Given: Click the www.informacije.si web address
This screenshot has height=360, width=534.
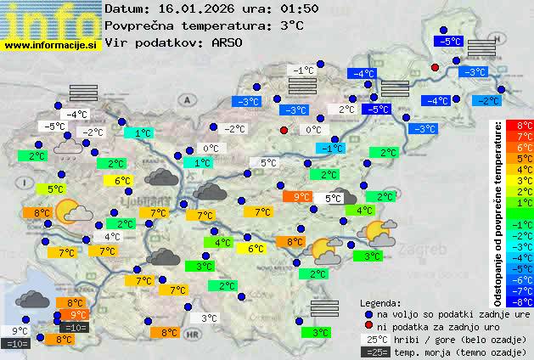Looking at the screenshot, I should (x=51, y=44).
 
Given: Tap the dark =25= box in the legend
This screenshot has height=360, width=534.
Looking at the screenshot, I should (x=374, y=352).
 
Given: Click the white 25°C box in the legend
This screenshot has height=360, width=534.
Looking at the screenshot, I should (x=374, y=339).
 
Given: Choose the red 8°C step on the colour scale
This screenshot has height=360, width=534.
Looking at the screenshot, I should (x=524, y=126).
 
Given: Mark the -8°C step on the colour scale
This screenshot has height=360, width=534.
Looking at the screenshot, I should (x=524, y=301).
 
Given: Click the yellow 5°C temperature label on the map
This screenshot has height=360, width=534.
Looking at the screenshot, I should (x=56, y=189).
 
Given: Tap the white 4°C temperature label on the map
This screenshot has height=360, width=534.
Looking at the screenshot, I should (x=112, y=237).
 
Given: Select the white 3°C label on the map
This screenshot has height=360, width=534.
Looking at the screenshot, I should (x=209, y=318).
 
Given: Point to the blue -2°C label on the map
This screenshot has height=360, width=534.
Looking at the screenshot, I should (x=488, y=101).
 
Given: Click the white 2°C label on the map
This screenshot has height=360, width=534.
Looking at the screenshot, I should (x=346, y=110).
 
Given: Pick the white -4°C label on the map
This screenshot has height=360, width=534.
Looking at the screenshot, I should (x=77, y=115).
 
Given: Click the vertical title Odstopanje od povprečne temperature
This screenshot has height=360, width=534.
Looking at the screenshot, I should (x=498, y=212).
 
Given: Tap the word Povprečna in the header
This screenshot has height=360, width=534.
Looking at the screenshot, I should (x=140, y=25).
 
